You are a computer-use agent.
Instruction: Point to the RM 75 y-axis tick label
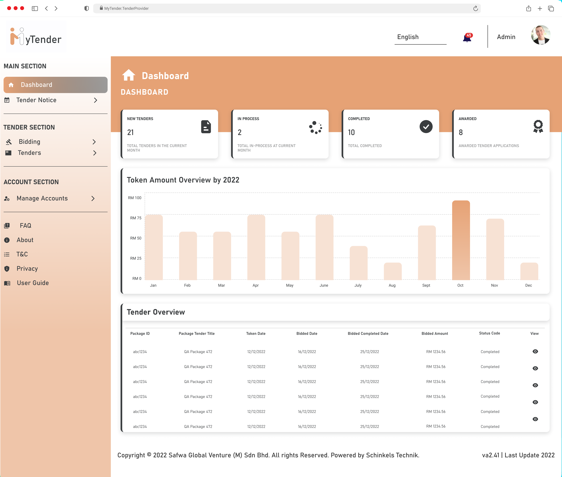136,218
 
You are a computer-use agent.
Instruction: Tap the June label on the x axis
324,285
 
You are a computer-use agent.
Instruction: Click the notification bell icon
467,38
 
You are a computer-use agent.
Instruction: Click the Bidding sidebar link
29,142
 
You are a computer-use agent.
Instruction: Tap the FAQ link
25,225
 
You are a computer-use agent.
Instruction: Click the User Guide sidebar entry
33,283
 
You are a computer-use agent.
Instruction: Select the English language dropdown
420,37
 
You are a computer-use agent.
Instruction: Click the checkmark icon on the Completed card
426,127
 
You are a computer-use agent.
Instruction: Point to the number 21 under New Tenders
130,133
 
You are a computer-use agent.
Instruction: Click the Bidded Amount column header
435,333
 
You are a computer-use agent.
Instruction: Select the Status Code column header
489,333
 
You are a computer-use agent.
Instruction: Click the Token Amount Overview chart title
183,180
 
